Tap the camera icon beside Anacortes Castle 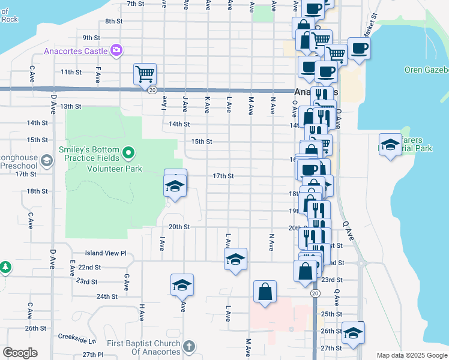coord(116,50)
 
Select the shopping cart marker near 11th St coord(145,74)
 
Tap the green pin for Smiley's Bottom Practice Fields coord(128,154)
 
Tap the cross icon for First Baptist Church coord(189,346)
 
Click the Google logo coord(20,353)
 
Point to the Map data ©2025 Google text coord(411,355)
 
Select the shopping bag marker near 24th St coord(265,293)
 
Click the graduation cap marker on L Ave coord(235,259)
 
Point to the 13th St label coord(70,106)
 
